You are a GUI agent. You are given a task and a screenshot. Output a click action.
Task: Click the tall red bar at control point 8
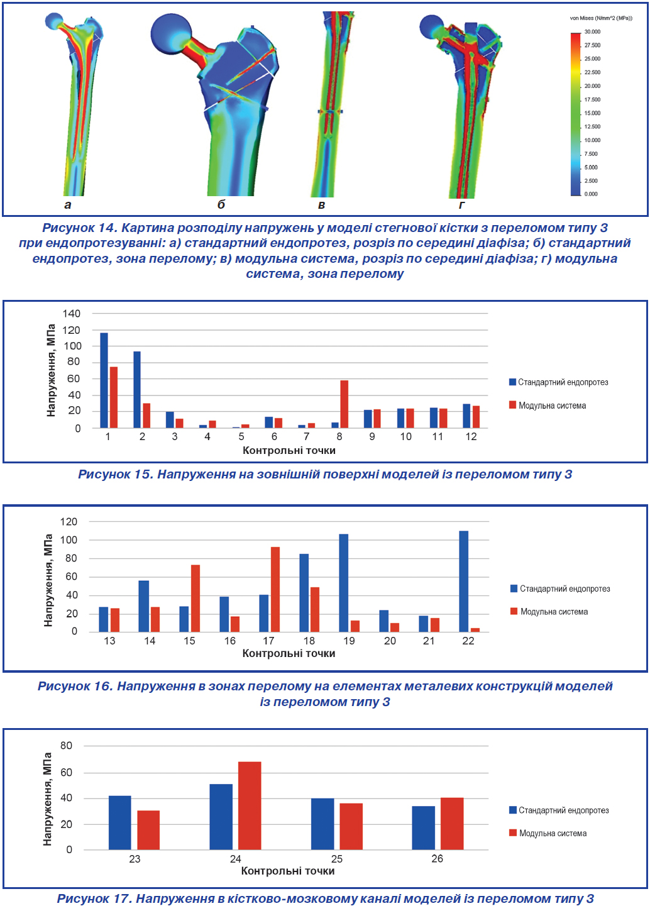pyautogui.click(x=344, y=404)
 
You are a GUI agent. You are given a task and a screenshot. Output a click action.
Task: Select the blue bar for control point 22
pyautogui.click(x=463, y=581)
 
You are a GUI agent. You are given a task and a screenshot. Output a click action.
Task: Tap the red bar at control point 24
pyautogui.click(x=250, y=805)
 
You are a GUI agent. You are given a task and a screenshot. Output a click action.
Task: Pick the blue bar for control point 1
pyautogui.click(x=104, y=380)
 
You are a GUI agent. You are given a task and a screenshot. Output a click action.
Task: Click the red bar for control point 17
pyautogui.click(x=275, y=589)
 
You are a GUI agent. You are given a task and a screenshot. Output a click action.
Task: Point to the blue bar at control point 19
pyautogui.click(x=343, y=583)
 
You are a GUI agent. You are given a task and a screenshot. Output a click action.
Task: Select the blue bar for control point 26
pyautogui.click(x=424, y=827)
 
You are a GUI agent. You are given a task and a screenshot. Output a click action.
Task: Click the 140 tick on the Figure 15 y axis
pyautogui.click(x=71, y=314)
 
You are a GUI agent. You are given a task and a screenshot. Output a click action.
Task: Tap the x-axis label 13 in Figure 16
pyautogui.click(x=109, y=641)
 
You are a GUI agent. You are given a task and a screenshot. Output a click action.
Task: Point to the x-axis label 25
pyautogui.click(x=336, y=858)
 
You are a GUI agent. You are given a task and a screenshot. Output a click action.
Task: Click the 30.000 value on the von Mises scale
pyautogui.click(x=592, y=31)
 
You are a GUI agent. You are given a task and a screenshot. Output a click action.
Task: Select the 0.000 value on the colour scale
pyautogui.click(x=591, y=194)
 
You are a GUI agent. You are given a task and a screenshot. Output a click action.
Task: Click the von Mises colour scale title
pyautogui.click(x=601, y=18)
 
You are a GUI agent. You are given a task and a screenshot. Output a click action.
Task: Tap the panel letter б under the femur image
pyautogui.click(x=221, y=204)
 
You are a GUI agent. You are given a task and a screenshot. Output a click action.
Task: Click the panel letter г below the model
pyautogui.click(x=461, y=205)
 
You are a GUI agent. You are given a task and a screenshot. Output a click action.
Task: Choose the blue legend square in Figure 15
pyautogui.click(x=512, y=382)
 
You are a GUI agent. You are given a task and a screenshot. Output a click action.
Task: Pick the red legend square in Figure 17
pyautogui.click(x=513, y=832)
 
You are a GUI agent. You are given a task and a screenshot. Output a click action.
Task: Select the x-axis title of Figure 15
pyautogui.click(x=289, y=450)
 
